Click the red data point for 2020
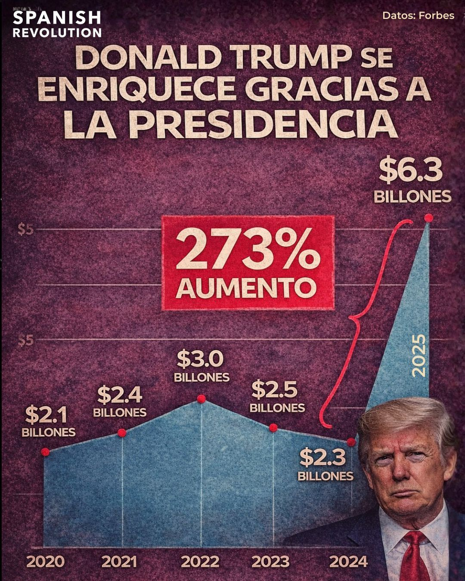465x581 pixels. (x=45, y=452)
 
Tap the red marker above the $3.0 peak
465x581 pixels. (x=201, y=399)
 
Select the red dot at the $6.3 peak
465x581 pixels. (x=428, y=218)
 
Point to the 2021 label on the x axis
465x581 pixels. (x=119, y=562)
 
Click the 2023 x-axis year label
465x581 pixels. (x=270, y=562)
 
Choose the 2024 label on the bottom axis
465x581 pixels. (x=348, y=562)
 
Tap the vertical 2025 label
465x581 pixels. (x=418, y=356)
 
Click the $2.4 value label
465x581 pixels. (x=119, y=395)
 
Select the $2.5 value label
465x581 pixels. (x=274, y=389)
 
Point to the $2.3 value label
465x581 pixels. (x=322, y=457)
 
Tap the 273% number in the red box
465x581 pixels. (x=248, y=253)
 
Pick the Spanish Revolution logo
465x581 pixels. (x=57, y=24)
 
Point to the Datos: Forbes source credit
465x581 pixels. (x=418, y=16)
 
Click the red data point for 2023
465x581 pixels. (x=273, y=427)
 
